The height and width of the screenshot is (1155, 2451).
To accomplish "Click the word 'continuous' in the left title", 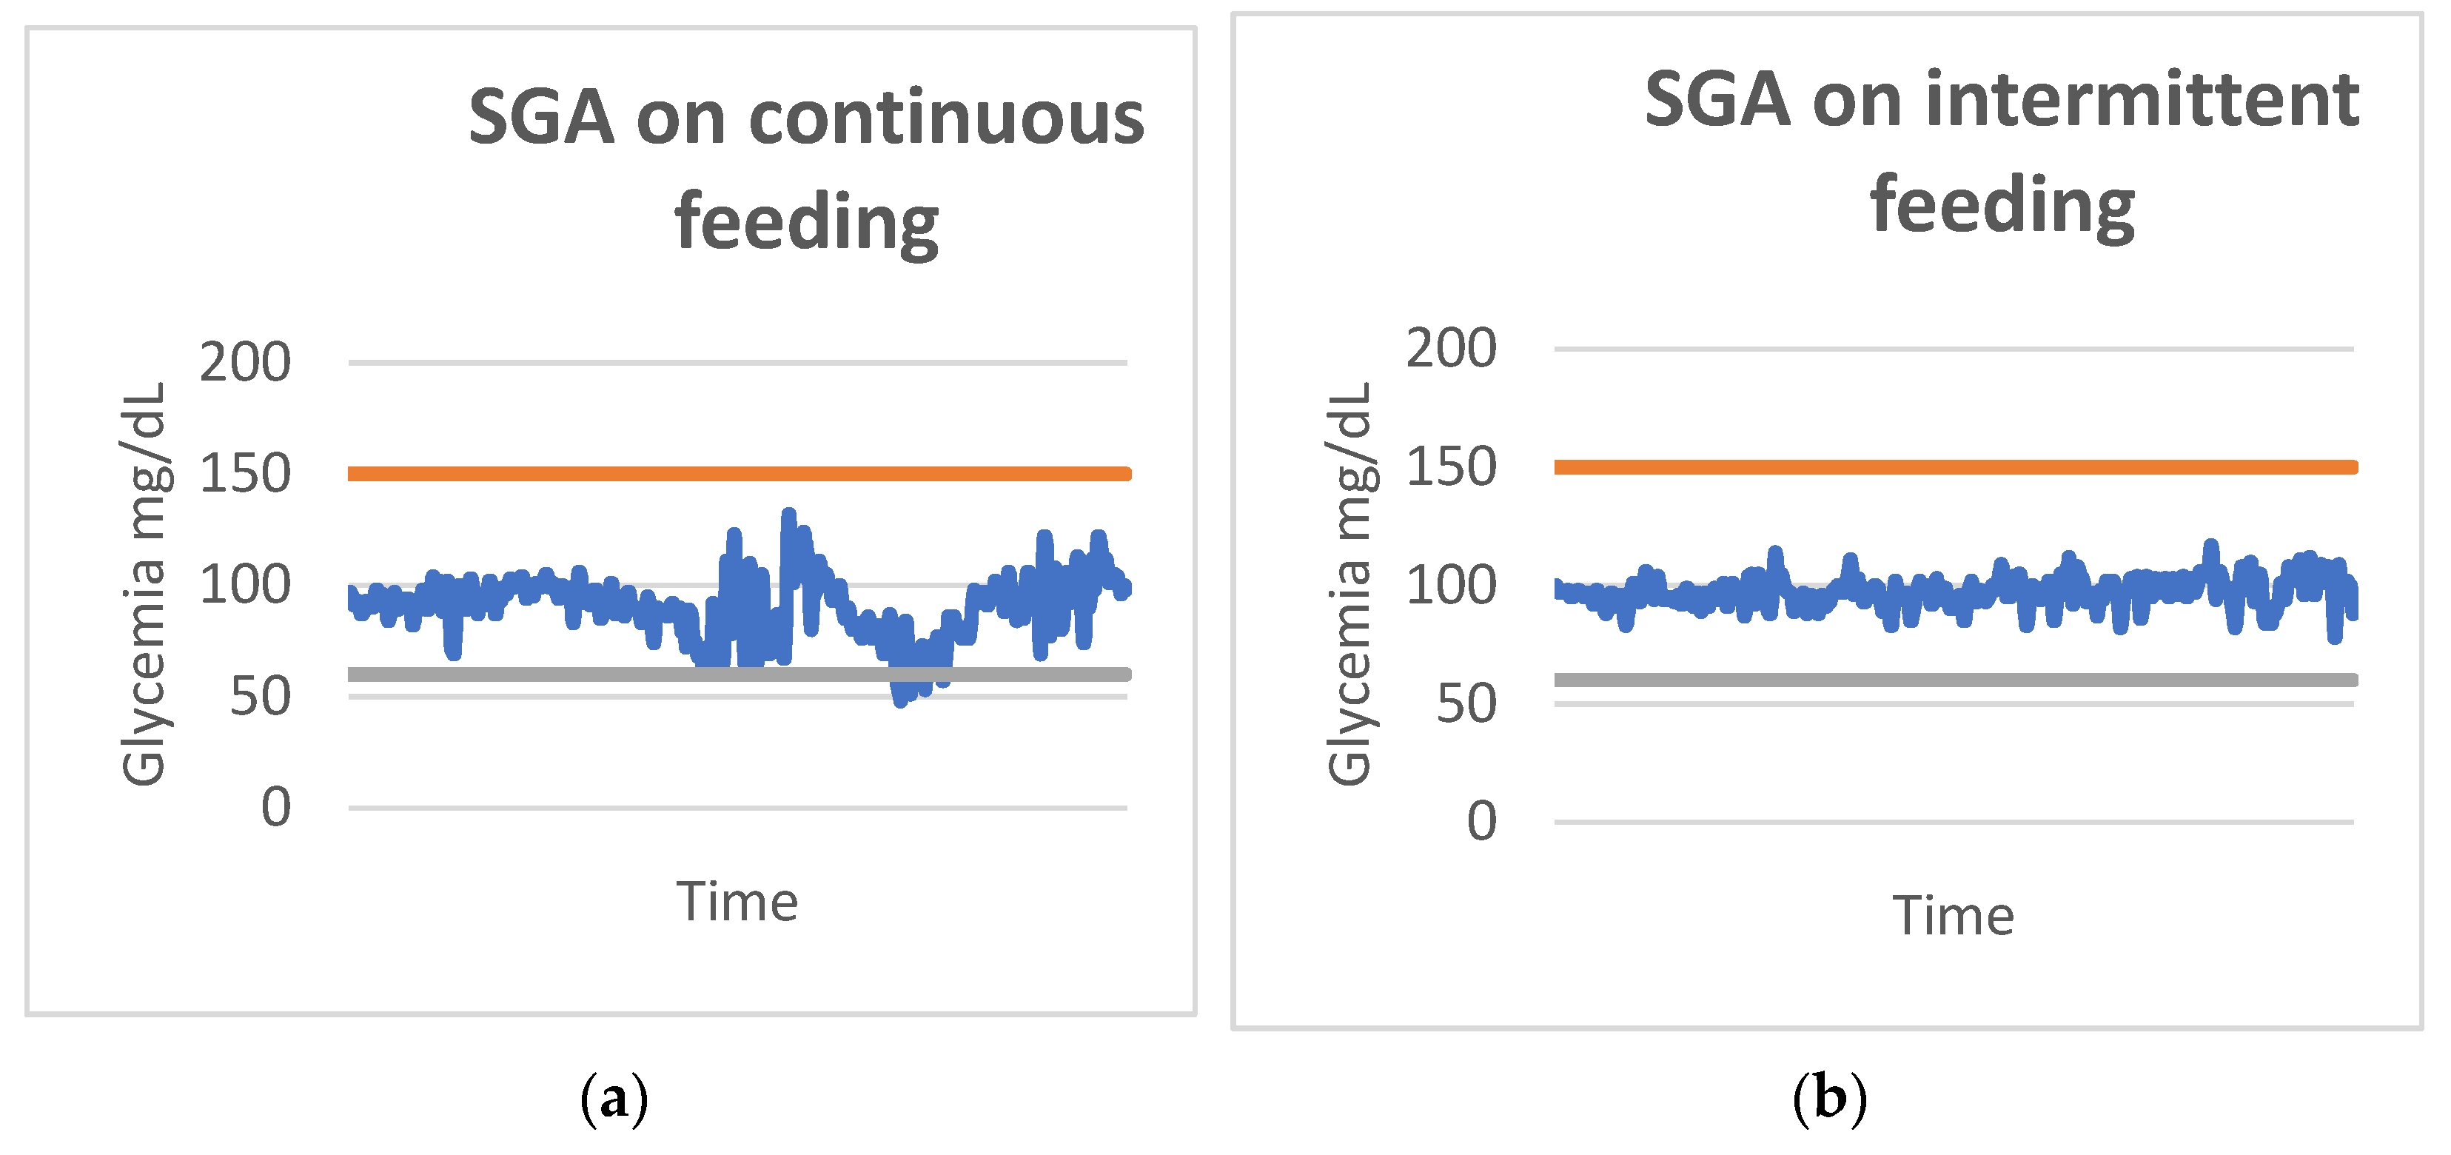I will (x=946, y=119).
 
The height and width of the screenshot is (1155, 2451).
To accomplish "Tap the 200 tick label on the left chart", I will (x=244, y=363).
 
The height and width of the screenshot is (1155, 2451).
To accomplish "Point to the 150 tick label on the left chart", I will (x=244, y=474).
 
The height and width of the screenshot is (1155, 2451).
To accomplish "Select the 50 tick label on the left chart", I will (x=260, y=697).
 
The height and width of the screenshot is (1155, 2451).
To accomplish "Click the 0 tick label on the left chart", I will (x=276, y=808).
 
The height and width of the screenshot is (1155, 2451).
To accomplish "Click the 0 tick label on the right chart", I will (x=1481, y=821).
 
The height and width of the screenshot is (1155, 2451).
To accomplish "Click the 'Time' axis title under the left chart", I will (x=737, y=902).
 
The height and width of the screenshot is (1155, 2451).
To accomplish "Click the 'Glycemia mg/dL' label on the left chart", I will (x=144, y=584).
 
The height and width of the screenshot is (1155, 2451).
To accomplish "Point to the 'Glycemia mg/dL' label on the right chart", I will (x=1349, y=584).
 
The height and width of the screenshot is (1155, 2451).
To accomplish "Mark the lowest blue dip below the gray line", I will (x=900, y=701).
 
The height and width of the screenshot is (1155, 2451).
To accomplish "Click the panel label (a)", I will (x=614, y=1098).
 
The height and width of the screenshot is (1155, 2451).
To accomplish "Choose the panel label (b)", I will (x=1828, y=1098).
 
